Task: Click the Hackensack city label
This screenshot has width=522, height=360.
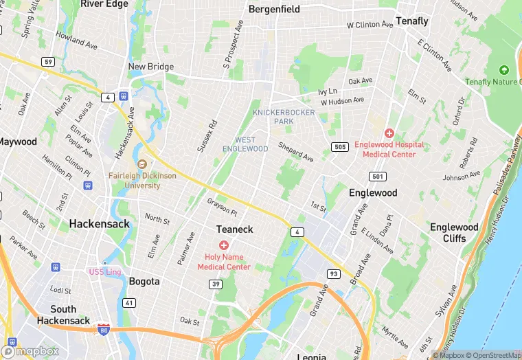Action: point(98,224)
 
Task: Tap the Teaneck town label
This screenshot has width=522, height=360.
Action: point(235,229)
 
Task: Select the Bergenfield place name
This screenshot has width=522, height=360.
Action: point(274,10)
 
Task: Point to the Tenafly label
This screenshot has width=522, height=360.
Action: point(412,21)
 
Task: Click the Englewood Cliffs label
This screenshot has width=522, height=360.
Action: point(454,233)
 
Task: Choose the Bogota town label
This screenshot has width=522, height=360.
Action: point(144,281)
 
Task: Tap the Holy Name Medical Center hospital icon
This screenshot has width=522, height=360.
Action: point(223,245)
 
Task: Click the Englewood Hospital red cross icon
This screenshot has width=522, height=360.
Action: point(389,133)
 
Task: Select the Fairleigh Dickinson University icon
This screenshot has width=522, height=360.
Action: point(142,164)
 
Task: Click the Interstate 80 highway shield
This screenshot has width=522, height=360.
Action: point(103,330)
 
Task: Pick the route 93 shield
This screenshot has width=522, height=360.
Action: point(334,274)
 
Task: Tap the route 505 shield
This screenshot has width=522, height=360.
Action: point(339,147)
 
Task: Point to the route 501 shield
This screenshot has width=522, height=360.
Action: point(376,177)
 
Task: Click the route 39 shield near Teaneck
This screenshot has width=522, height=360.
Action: point(216,284)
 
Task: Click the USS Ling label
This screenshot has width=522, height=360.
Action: point(104,272)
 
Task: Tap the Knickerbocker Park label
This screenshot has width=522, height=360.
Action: point(284,117)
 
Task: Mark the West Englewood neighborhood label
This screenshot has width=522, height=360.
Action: point(245,144)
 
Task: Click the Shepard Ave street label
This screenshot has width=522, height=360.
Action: point(295,152)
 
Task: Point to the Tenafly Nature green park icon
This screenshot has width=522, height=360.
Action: point(503,70)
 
